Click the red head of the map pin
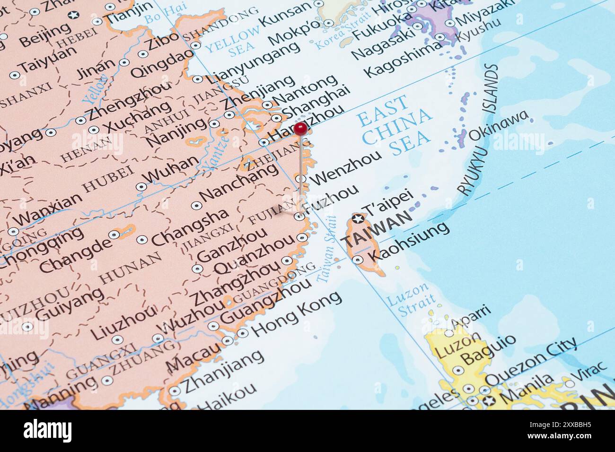coord(300,128)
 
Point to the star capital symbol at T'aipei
coord(358,219)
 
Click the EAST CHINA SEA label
coord(395,125)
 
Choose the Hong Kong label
coord(296,313)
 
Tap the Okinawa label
coord(498,126)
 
